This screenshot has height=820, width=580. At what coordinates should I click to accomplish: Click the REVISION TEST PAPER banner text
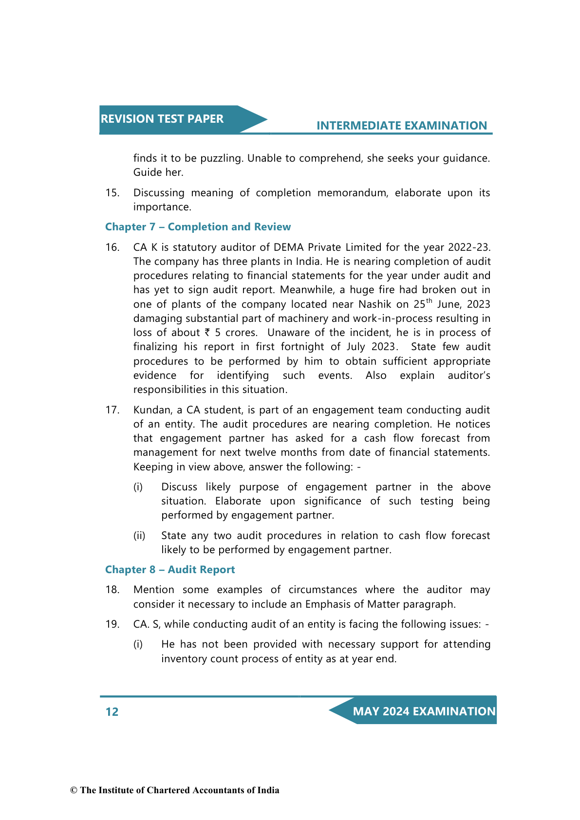pos(162,119)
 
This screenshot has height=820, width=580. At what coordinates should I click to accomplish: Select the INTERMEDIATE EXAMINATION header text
pos(401,126)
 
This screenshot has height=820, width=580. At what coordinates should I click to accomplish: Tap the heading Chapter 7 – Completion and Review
pos(198,227)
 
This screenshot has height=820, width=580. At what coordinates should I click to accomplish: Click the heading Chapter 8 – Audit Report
pos(170,570)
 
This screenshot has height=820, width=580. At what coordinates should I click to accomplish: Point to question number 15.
pos(112,193)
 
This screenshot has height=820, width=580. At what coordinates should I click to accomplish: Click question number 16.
pos(112,247)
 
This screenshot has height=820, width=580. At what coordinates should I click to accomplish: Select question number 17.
pos(112,410)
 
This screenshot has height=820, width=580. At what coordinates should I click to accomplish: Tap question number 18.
pos(112,590)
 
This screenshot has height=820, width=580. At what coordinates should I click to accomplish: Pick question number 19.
pos(112,624)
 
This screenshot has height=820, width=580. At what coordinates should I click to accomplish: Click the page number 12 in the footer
pos(112,712)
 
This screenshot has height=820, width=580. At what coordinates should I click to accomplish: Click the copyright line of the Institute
pos(175,790)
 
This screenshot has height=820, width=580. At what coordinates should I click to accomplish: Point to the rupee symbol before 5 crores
pos(207,333)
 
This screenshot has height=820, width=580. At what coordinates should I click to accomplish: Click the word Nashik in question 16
pos(375,304)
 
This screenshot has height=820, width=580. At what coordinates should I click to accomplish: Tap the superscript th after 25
pos(429,301)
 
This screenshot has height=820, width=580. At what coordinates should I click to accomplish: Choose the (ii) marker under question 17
pos(139,536)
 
